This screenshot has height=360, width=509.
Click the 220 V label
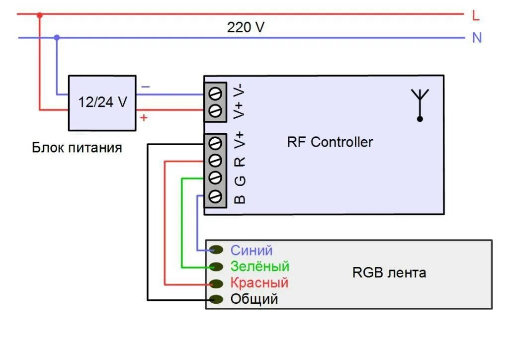pyautogui.click(x=246, y=27)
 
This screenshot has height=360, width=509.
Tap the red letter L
pyautogui.click(x=476, y=15)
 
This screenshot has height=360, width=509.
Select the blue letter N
pyautogui.click(x=477, y=38)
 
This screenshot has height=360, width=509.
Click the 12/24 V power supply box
pyautogui.click(x=102, y=103)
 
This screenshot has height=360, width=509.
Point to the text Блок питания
pyautogui.click(x=77, y=148)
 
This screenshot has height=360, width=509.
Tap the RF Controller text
pyautogui.click(x=330, y=142)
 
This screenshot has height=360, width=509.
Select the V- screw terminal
pyautogui.click(x=215, y=94)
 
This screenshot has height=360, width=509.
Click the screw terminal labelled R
pyautogui.click(x=215, y=160)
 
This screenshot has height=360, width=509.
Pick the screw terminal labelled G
pyautogui.click(x=215, y=178)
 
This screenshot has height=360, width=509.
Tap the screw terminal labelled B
pyautogui.click(x=215, y=196)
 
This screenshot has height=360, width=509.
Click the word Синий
pyautogui.click(x=252, y=251)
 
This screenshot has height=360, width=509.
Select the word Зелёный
pyautogui.click(x=259, y=266)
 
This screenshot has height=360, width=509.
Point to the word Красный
pyautogui.click(x=259, y=283)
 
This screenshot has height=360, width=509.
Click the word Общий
pyautogui.click(x=254, y=299)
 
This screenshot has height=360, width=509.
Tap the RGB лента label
pyautogui.click(x=389, y=272)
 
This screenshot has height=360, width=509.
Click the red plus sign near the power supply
pyautogui.click(x=144, y=117)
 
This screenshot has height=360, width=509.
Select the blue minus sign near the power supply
pyautogui.click(x=146, y=87)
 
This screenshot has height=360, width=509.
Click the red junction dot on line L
pyautogui.click(x=40, y=15)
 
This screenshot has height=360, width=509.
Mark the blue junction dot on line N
pyautogui.click(x=57, y=38)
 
